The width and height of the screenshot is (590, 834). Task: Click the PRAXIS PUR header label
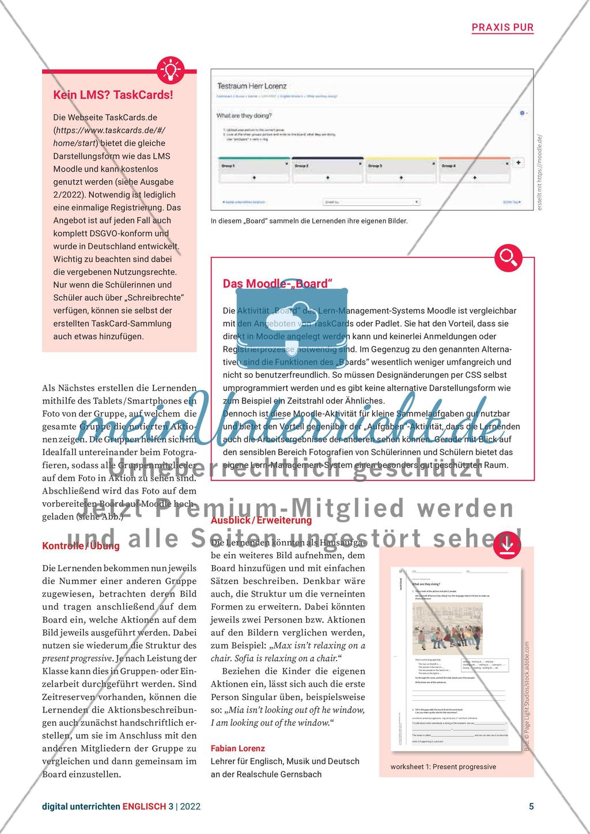502,27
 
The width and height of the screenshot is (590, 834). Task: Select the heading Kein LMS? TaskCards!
105,95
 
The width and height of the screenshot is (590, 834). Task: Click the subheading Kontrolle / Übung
81,546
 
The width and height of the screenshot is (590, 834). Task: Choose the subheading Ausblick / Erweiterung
262,520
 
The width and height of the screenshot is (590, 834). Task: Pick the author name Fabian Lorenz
238,748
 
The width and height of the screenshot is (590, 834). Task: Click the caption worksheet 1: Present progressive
443,767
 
